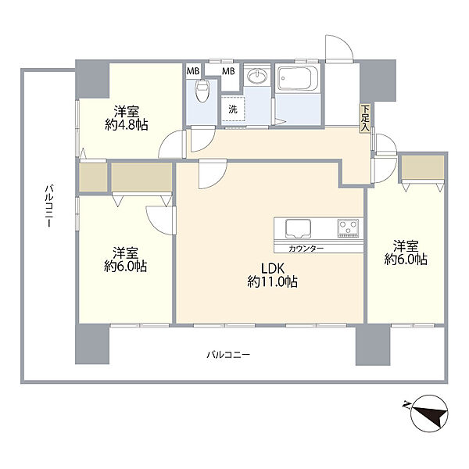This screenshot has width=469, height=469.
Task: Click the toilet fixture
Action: coord(202,90)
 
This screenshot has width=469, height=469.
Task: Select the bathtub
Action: coord(297,77)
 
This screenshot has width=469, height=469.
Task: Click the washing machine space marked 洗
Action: coord(233,109)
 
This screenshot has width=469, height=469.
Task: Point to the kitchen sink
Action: coord(298,229)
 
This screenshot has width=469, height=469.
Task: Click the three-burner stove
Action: coord(348,228)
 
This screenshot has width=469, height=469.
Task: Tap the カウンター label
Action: coord(306,249)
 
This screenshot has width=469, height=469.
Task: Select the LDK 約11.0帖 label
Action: coord(272,275)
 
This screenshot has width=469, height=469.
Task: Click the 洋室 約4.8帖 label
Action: coord(127,119)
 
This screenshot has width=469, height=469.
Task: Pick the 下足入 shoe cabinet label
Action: coord(364,118)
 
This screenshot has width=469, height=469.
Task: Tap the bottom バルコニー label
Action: coord(228,355)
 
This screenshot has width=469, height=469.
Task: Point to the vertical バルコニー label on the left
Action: coord(49,206)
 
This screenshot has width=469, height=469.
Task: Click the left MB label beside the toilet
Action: coord(193,71)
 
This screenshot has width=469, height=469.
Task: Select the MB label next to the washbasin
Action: coord(228,71)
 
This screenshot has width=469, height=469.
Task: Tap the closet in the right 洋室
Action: coord(423,167)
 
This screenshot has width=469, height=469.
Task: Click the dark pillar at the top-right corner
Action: coord(378,81)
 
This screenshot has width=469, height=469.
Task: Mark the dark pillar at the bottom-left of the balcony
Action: coord(91,344)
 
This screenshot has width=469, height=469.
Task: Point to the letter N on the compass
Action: coord(406,405)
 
